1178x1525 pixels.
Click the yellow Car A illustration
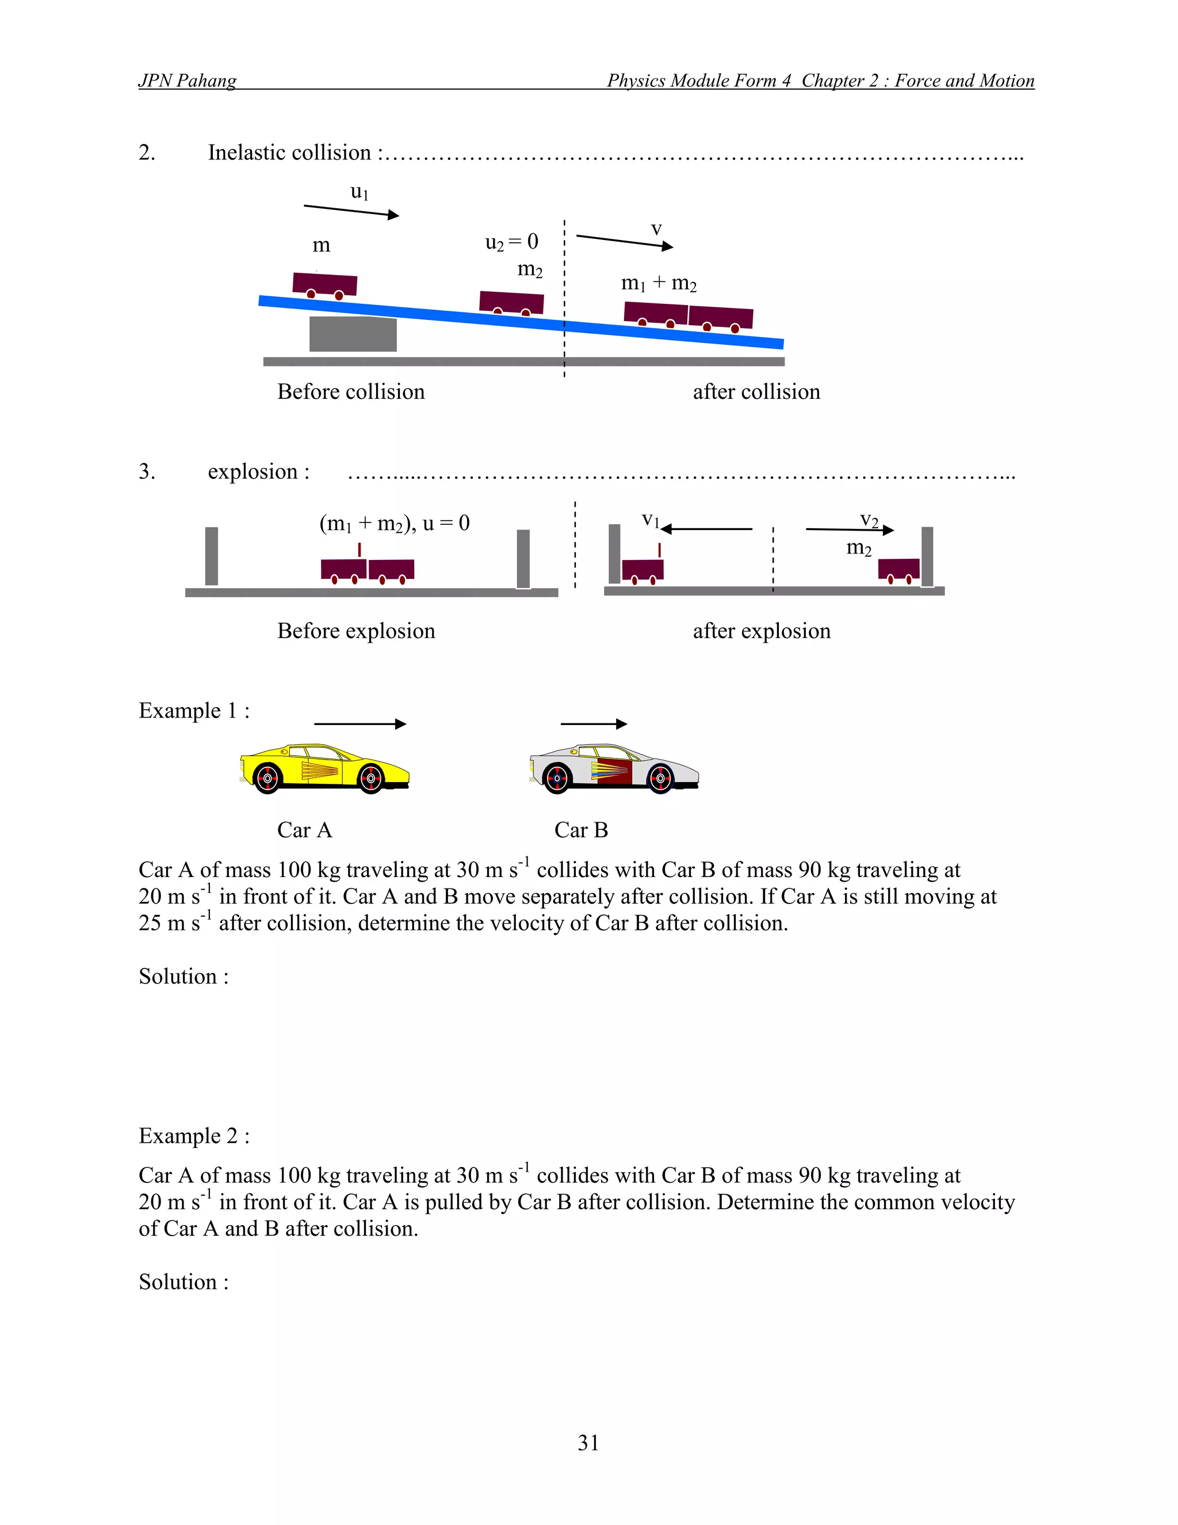point(324,769)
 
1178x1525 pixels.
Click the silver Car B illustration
point(614,770)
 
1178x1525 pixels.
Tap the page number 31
point(588,1443)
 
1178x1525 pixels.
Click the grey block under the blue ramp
point(353,334)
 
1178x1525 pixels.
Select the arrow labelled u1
point(351,211)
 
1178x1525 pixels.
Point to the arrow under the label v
point(625,242)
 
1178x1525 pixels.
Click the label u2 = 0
point(511,242)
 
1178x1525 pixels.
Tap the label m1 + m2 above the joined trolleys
point(659,283)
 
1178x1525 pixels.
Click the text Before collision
point(351,392)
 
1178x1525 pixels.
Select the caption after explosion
point(762,631)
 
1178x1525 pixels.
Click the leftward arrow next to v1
point(706,529)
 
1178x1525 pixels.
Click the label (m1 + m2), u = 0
point(394,523)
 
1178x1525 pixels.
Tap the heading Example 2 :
point(194,1136)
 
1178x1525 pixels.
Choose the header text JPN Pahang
point(187,81)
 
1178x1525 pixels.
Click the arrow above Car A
point(360,724)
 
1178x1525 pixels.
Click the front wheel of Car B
point(660,779)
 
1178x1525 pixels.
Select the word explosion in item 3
point(253,472)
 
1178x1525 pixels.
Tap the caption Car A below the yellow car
point(304,830)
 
